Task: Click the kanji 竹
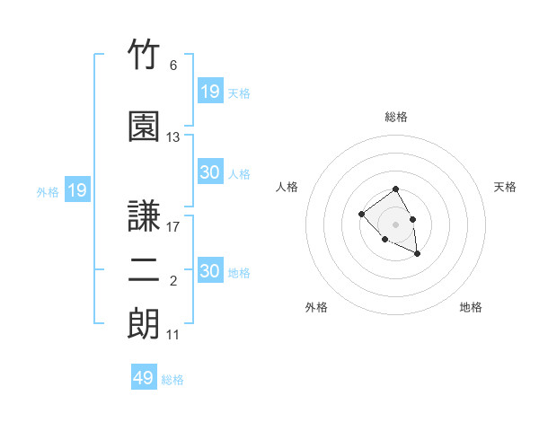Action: tap(144, 54)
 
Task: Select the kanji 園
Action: tap(144, 126)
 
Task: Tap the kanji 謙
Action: tap(144, 215)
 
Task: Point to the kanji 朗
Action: tap(144, 323)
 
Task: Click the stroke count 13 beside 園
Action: tap(172, 137)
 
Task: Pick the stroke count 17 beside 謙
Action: tap(172, 227)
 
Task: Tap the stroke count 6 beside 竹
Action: tap(173, 66)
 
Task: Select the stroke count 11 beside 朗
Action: tap(172, 335)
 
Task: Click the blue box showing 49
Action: tap(144, 376)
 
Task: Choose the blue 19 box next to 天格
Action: tap(210, 91)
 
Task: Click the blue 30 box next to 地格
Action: tap(210, 269)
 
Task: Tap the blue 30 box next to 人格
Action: tap(210, 171)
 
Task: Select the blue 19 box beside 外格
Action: tap(77, 189)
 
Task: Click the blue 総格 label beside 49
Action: tap(172, 380)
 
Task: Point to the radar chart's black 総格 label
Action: tap(396, 117)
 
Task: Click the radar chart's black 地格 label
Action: tap(471, 307)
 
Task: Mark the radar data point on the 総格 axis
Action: tap(395, 189)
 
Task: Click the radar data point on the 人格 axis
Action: tap(361, 214)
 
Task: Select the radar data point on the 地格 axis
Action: tap(417, 254)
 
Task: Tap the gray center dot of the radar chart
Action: tap(395, 224)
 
